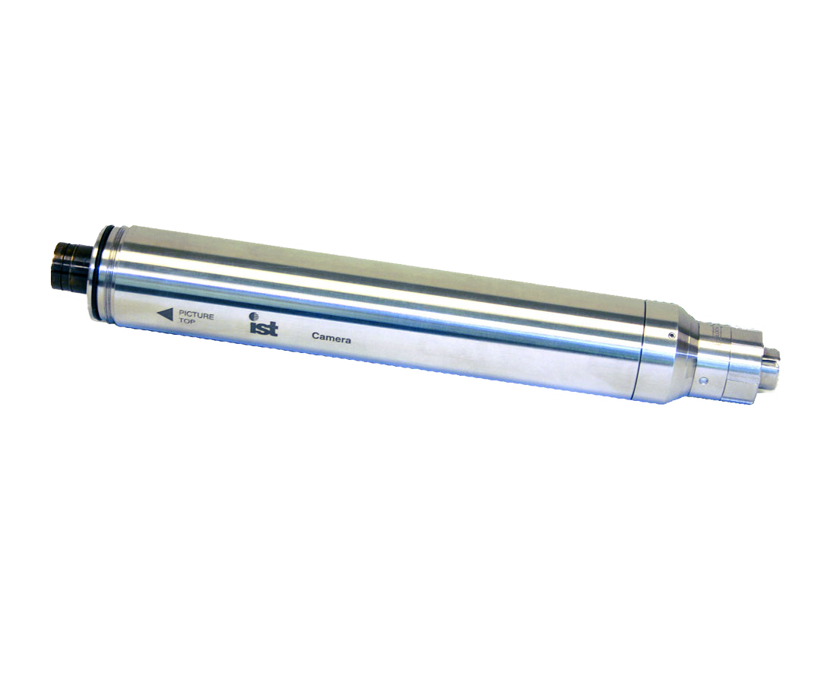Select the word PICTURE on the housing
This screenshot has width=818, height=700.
(x=196, y=314)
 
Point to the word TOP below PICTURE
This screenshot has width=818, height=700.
(x=187, y=322)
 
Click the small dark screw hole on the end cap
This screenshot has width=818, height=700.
(x=670, y=335)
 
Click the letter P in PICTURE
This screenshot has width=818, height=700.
(x=181, y=313)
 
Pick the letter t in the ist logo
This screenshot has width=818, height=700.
(x=274, y=330)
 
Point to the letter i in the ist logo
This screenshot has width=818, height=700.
(x=252, y=329)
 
